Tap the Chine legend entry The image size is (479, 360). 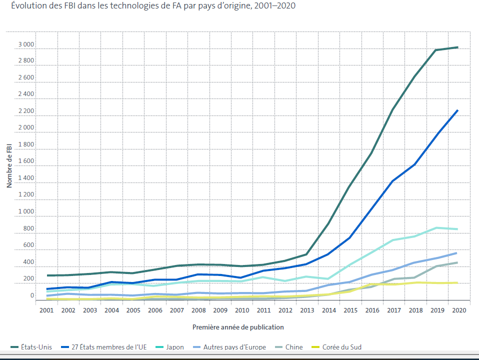coord(294,347)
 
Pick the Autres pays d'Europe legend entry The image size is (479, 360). coord(234,347)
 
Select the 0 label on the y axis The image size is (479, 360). coord(32,295)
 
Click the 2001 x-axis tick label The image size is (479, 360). coord(46,310)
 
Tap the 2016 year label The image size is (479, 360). coord(371,310)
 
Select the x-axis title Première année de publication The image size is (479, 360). coord(238,327)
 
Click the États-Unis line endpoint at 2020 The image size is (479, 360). coord(457,47)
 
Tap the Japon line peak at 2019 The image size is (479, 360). coord(436,228)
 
